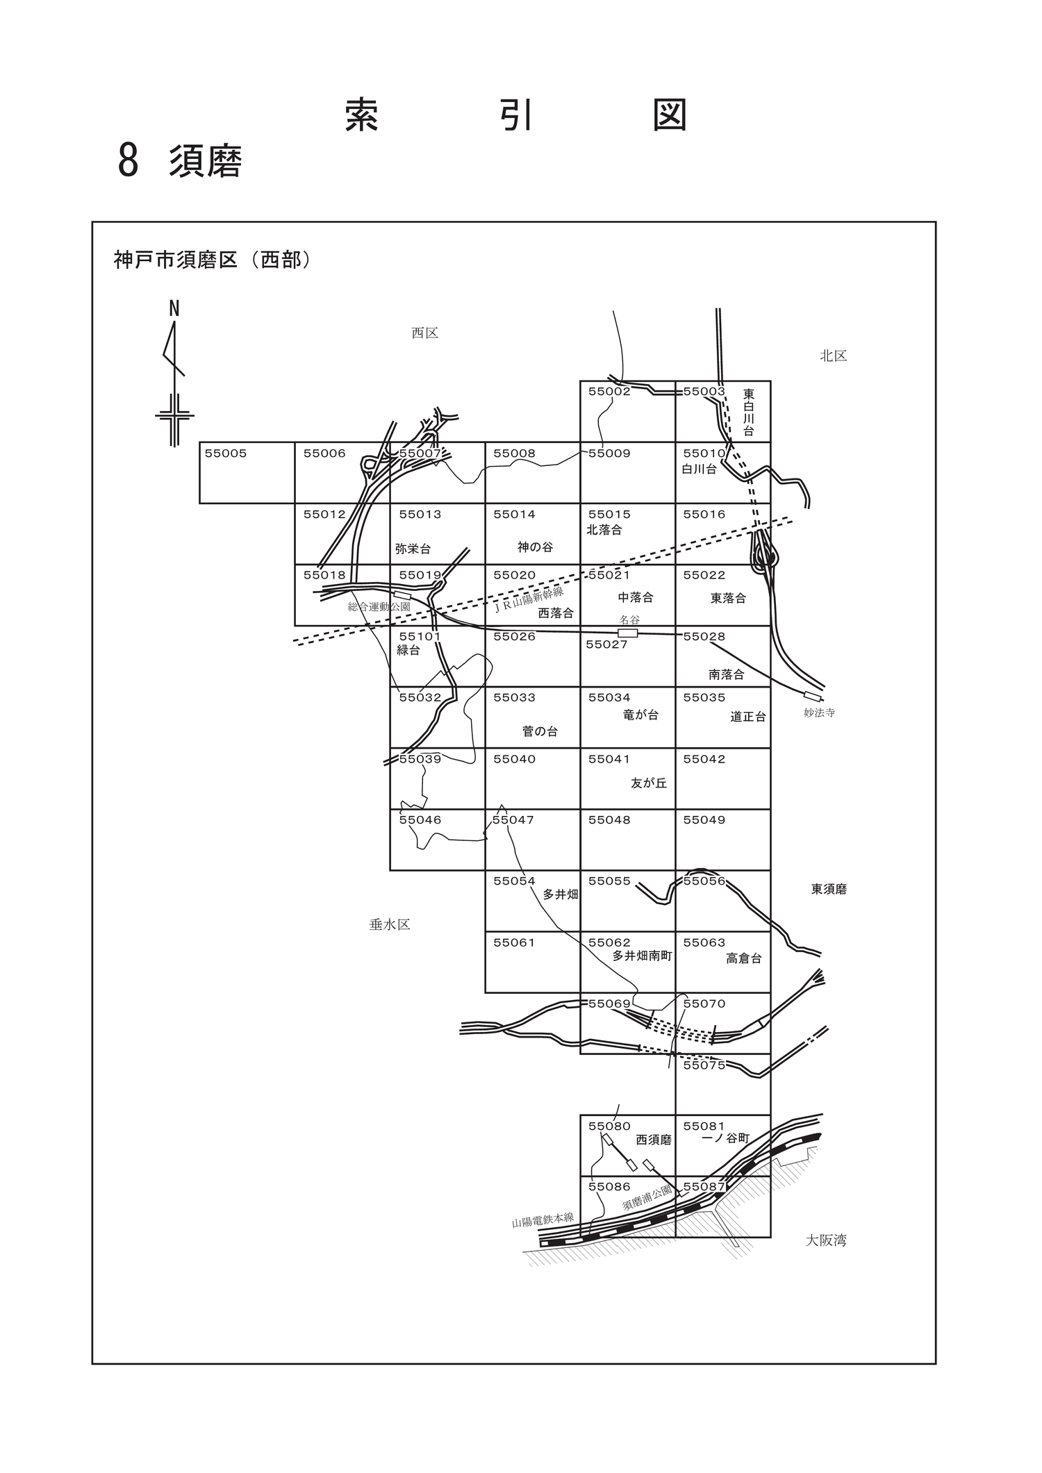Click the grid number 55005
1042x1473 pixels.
tap(226, 453)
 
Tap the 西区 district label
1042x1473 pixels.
tap(424, 333)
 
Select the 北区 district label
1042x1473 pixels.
tap(833, 356)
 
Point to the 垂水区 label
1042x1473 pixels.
tap(390, 924)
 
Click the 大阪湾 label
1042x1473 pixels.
tap(826, 1240)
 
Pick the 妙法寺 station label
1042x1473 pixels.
tap(819, 713)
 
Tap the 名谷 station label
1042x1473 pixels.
tap(629, 619)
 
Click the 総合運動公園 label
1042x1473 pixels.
tap(379, 606)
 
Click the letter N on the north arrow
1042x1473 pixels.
tap(174, 308)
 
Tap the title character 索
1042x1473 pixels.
tap(362, 115)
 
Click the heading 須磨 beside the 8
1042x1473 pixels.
tap(206, 162)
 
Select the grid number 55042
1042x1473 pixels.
tap(704, 759)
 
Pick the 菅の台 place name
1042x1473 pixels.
tap(540, 731)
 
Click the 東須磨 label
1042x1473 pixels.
tap(829, 889)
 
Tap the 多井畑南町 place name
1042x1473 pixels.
tap(643, 956)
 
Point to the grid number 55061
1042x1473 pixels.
tap(514, 942)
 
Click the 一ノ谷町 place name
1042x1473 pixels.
tap(726, 1138)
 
